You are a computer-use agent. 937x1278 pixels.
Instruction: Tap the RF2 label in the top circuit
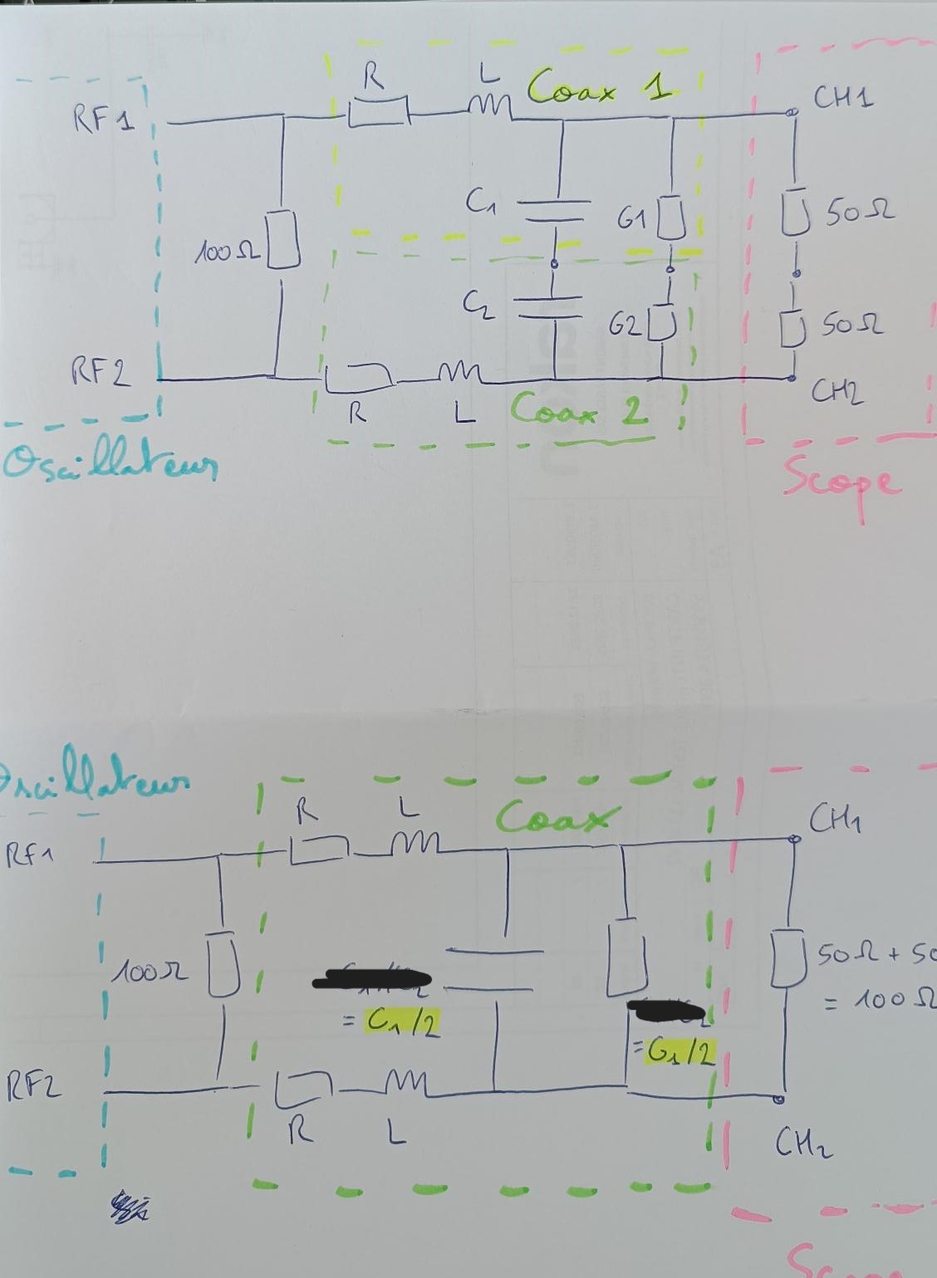[101, 371]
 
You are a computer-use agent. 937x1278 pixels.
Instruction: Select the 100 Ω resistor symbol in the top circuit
[282, 240]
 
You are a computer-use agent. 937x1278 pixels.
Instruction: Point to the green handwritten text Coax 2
[579, 409]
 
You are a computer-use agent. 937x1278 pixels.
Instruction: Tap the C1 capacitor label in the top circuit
[481, 200]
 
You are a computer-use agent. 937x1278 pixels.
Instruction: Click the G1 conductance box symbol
[671, 218]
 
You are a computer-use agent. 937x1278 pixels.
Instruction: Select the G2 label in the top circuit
[625, 325]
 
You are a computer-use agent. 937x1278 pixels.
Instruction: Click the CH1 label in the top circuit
[842, 99]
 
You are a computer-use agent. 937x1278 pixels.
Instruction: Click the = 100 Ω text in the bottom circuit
[876, 1000]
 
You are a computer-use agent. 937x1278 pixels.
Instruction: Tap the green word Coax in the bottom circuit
[557, 817]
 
